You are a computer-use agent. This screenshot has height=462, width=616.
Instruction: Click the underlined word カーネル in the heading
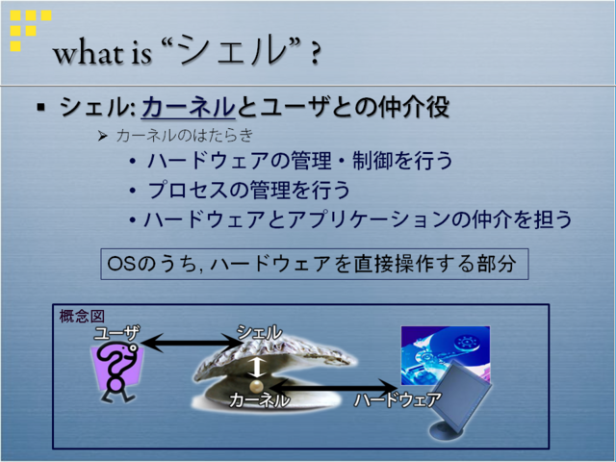click(189, 107)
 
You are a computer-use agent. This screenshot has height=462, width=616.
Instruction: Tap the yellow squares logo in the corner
click(30, 31)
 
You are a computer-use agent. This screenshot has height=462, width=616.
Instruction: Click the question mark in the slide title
click(315, 54)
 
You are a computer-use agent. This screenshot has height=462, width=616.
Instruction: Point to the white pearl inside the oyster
click(256, 385)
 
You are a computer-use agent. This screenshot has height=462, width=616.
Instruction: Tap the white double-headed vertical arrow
click(256, 367)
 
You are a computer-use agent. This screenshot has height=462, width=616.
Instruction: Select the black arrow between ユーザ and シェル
click(192, 343)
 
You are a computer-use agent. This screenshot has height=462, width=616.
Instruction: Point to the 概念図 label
click(82, 317)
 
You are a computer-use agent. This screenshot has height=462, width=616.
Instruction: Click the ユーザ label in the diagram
click(116, 334)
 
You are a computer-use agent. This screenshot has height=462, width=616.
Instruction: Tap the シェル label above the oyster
click(259, 333)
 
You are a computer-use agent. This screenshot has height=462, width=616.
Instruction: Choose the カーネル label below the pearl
click(259, 400)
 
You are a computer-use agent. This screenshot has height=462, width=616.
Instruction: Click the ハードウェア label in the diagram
click(398, 400)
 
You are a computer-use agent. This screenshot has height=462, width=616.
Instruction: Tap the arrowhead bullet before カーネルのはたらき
click(103, 137)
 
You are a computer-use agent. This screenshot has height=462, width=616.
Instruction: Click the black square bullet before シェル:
click(40, 107)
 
